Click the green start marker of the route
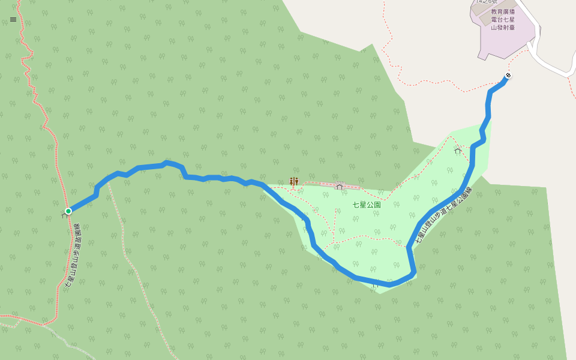[x=68, y=211]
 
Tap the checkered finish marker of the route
[x=508, y=75]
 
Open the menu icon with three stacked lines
[x=13, y=19]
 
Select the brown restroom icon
[x=294, y=181]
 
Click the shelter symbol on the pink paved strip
[x=340, y=186]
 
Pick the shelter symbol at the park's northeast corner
[x=458, y=150]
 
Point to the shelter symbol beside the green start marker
[x=64, y=215]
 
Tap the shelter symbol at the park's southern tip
[x=374, y=284]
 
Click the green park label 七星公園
[x=367, y=205]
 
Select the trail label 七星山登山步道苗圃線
[x=73, y=257]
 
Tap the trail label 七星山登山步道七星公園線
[x=444, y=215]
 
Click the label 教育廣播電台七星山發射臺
[x=503, y=19]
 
